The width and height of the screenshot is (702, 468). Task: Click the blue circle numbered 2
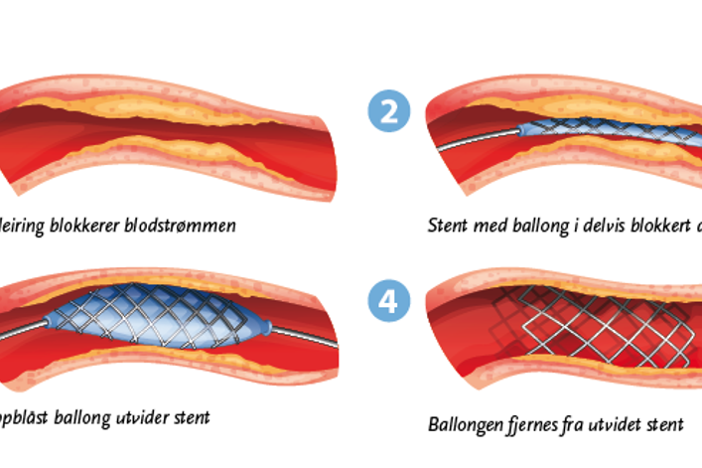pos(388,110)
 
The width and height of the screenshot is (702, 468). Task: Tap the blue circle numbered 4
pos(388,301)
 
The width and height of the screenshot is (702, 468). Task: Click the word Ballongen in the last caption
pos(466,424)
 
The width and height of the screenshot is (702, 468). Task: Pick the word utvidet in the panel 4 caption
pos(619,424)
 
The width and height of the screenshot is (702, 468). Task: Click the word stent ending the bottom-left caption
pos(189,417)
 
